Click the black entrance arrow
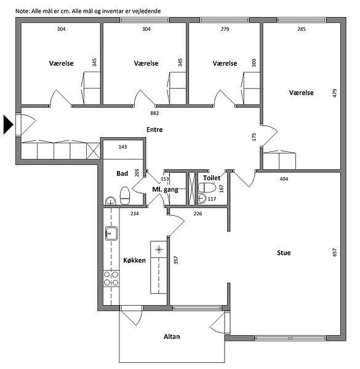click(x=8, y=124)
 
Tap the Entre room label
click(x=154, y=129)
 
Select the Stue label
click(x=284, y=253)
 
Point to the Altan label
click(x=172, y=336)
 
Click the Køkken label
click(x=134, y=260)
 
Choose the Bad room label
click(x=122, y=173)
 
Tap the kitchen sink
click(x=111, y=233)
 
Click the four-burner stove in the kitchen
click(x=111, y=279)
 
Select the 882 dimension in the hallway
click(x=154, y=113)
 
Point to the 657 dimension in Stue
click(x=335, y=252)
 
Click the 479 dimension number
click(x=335, y=93)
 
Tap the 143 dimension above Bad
click(x=122, y=147)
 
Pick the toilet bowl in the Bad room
click(x=125, y=196)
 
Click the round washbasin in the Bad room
click(x=110, y=201)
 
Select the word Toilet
click(x=212, y=178)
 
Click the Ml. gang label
click(x=166, y=189)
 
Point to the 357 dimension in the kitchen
click(x=176, y=260)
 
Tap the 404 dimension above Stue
click(x=284, y=179)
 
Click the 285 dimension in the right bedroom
click(x=302, y=29)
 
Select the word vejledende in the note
click(x=148, y=11)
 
